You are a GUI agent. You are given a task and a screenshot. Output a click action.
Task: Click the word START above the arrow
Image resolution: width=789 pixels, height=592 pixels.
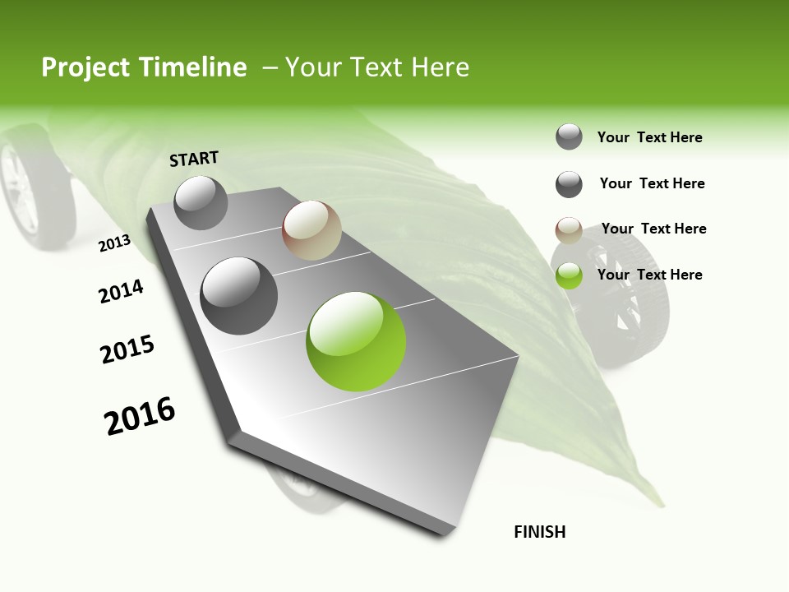pos(194,159)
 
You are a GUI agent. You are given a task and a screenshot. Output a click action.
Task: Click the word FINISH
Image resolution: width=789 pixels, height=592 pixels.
pos(539,532)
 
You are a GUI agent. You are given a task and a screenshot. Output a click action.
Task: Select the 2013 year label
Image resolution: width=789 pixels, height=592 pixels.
pos(115,243)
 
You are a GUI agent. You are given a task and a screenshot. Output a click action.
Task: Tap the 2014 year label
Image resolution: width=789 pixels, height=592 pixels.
pos(122,292)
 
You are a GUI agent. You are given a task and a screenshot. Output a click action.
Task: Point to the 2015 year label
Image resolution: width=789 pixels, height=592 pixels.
pos(127,349)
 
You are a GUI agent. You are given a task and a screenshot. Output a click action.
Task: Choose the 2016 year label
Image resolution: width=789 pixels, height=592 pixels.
pos(140,416)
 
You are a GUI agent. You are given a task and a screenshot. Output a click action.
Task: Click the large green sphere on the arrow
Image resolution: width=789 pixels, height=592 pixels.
pos(356,341)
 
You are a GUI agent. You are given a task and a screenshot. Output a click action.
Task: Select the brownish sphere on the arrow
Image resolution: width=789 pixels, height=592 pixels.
pos(311,230)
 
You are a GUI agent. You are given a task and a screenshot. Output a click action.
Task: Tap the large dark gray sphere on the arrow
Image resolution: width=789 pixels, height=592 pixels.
pos(239,296)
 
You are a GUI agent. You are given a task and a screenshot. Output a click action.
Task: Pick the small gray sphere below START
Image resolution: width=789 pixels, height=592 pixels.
pos(201,202)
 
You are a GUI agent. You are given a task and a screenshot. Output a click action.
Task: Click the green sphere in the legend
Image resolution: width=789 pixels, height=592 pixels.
pos(569,275)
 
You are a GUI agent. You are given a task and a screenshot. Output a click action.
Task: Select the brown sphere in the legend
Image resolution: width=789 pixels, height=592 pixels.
pos(569,230)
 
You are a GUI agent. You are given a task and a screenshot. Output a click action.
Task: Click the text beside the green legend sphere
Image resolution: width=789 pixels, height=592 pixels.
pos(649,275)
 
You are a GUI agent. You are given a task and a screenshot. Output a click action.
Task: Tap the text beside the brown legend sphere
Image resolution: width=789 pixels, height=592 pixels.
pos(653,229)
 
